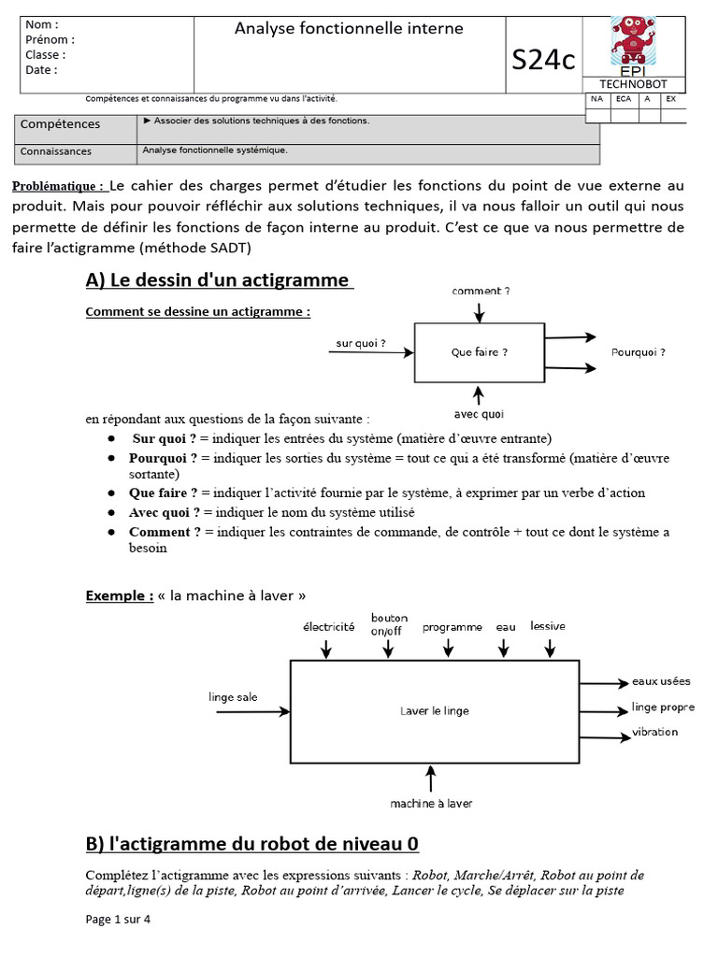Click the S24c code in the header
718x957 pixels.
tap(543, 60)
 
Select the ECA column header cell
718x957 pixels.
tap(623, 98)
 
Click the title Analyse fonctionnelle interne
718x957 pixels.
tap(349, 29)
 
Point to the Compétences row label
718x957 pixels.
tap(61, 123)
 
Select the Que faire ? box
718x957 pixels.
tap(479, 352)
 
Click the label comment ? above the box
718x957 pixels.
tap(481, 292)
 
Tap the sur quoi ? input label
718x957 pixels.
tap(361, 344)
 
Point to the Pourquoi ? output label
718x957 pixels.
tap(638, 352)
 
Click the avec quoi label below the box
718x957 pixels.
tap(479, 414)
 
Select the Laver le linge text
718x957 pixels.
tap(435, 710)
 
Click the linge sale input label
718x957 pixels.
tap(233, 697)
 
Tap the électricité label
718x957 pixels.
tap(328, 627)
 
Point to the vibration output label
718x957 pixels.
tap(654, 732)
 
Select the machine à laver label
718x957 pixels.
tap(431, 803)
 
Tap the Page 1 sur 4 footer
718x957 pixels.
tap(118, 919)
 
